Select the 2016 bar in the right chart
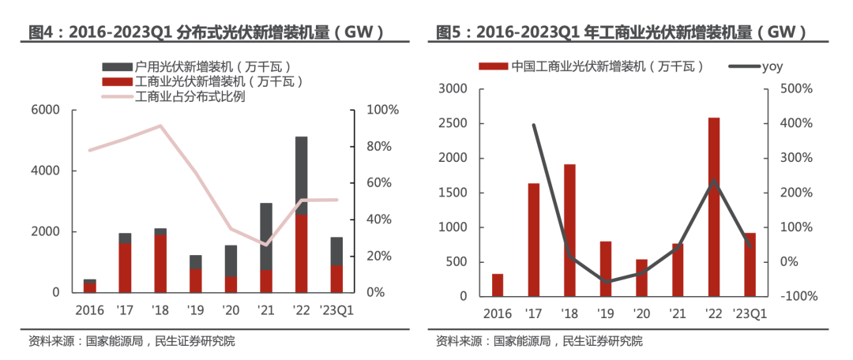497,285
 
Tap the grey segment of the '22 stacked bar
301,175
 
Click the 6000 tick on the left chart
45,110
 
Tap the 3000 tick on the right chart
454,89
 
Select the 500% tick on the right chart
795,89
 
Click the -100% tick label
796,297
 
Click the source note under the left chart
131,342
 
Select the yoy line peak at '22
714,180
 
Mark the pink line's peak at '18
160,126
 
